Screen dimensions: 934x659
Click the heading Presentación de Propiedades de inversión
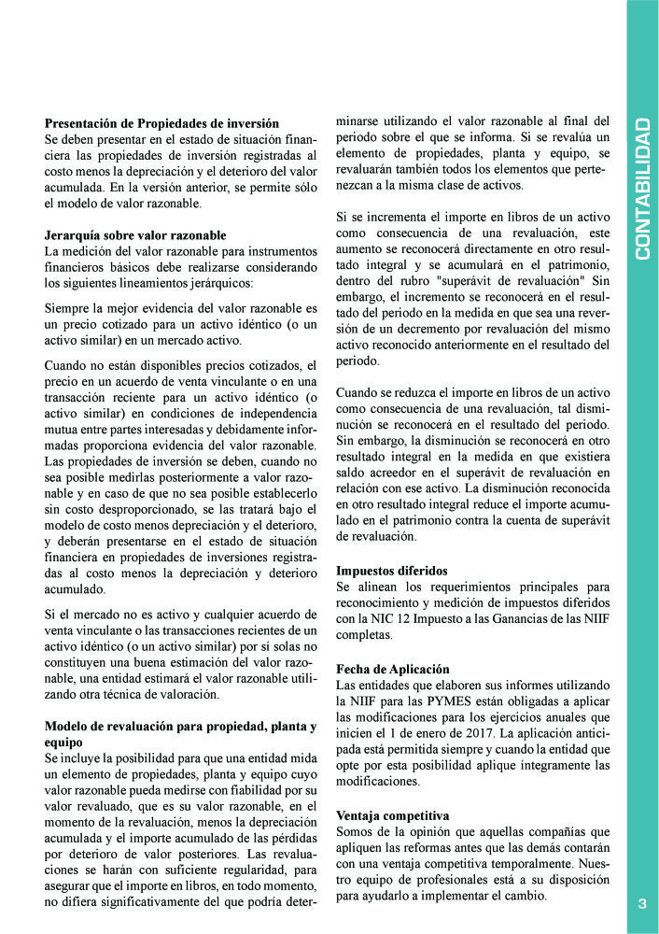coord(161,122)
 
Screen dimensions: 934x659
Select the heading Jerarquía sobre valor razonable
coord(135,234)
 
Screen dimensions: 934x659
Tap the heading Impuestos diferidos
coord(392,570)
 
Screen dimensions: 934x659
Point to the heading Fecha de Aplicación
coord(392,670)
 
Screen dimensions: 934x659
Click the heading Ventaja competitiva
coord(392,814)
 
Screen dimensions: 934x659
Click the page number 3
coord(642,903)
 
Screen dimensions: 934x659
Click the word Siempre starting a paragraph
coord(70,308)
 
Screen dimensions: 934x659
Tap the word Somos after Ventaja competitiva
coord(356,830)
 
